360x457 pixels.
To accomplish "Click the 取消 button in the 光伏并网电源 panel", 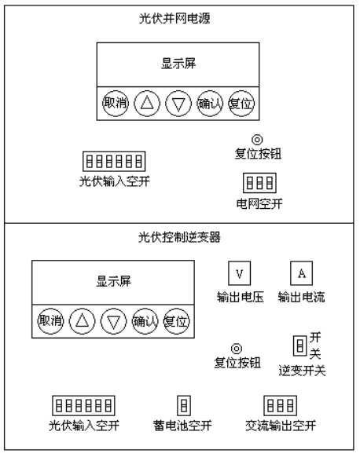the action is pyautogui.click(x=116, y=103).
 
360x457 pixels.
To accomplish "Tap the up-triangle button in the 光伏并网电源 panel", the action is pyautogui.click(x=147, y=103).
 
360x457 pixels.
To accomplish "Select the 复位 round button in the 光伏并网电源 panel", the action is pyautogui.click(x=241, y=103).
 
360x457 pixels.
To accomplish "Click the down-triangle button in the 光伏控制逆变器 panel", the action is pyautogui.click(x=113, y=321).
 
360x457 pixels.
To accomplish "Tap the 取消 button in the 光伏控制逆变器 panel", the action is pyautogui.click(x=50, y=321).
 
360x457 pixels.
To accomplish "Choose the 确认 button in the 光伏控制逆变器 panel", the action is pyautogui.click(x=145, y=321).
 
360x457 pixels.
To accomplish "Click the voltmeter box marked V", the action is pyautogui.click(x=239, y=273).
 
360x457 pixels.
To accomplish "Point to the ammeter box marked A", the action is pyautogui.click(x=301, y=273).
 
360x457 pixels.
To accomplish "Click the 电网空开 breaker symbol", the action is pyautogui.click(x=259, y=183).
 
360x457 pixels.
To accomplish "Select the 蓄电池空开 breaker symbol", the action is pyautogui.click(x=184, y=405).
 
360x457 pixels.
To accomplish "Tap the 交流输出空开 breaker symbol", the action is pyautogui.click(x=281, y=405).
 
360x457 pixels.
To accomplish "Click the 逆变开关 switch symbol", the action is pyautogui.click(x=300, y=345).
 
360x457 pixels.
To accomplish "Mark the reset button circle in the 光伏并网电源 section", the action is pyautogui.click(x=257, y=140).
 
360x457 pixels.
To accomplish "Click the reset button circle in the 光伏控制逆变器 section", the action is pyautogui.click(x=237, y=349).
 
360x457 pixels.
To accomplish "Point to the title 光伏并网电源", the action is pyautogui.click(x=174, y=18).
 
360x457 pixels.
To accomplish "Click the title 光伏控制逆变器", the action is pyautogui.click(x=179, y=237).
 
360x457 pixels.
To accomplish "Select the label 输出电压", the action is pyautogui.click(x=241, y=298).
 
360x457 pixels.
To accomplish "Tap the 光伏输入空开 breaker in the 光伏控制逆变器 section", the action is pyautogui.click(x=84, y=405).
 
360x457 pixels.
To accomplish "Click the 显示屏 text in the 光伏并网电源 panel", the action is pyautogui.click(x=178, y=64).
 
